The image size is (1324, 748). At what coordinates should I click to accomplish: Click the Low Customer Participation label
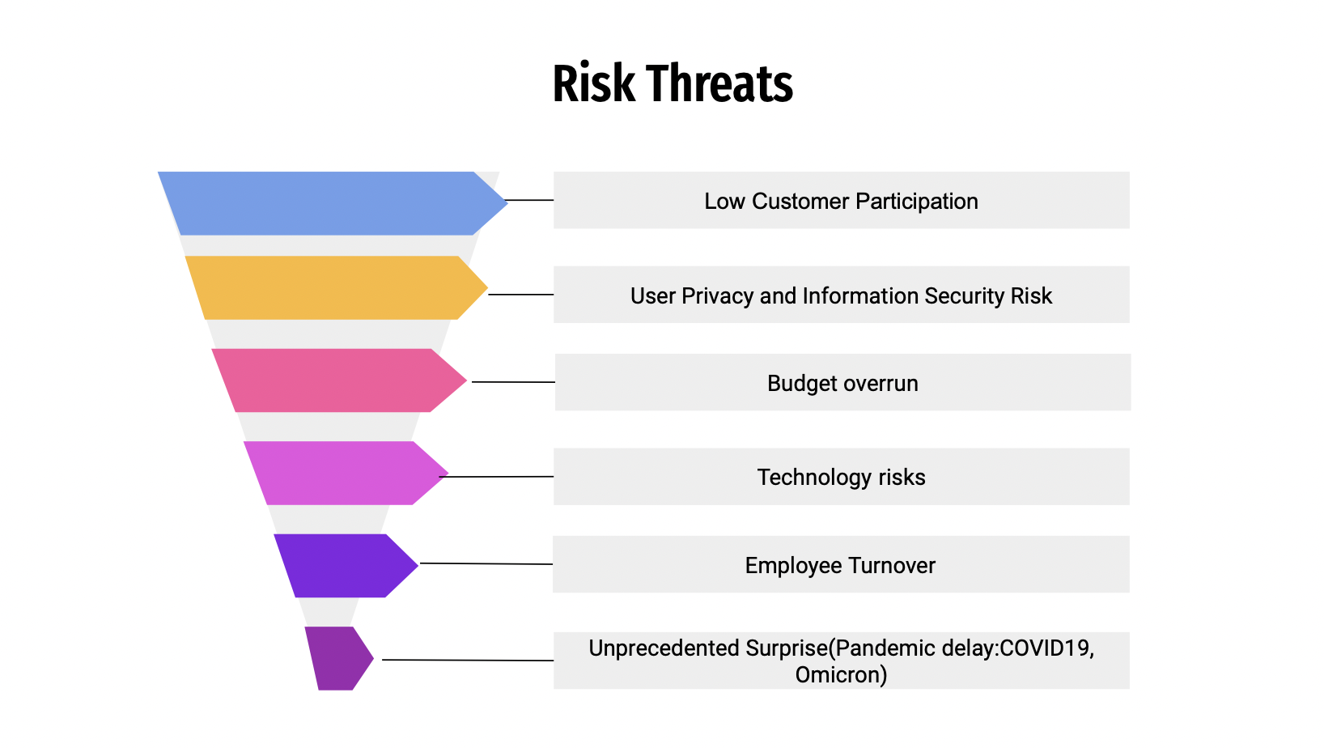click(x=841, y=201)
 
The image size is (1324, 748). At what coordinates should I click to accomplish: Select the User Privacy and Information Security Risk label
click(x=841, y=295)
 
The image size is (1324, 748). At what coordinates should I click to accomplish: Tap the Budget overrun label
click(x=842, y=383)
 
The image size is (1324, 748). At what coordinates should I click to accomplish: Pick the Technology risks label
click(x=841, y=477)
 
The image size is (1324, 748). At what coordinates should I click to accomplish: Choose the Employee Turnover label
click(x=841, y=565)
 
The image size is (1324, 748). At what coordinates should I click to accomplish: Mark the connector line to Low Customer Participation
click(x=529, y=201)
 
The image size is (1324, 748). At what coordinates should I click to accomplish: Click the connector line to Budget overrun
click(x=513, y=382)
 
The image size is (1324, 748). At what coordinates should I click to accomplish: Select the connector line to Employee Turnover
click(x=486, y=564)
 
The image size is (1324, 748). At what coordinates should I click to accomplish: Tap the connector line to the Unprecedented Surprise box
click(x=468, y=660)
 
